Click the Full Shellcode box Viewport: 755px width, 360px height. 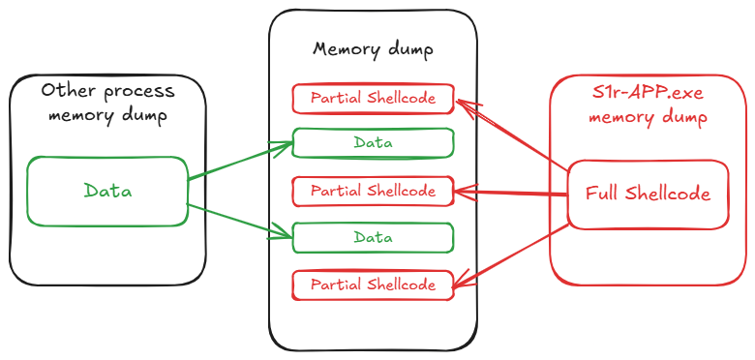(x=648, y=195)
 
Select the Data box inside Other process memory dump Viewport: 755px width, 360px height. (x=107, y=192)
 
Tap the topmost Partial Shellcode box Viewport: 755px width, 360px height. (x=373, y=99)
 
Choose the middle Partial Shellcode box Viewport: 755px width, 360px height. (x=373, y=192)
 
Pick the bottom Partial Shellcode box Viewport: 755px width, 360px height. (x=373, y=285)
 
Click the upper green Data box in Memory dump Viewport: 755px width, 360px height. (x=373, y=143)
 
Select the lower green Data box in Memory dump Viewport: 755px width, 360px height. (x=373, y=238)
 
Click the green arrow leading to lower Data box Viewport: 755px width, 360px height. (x=239, y=220)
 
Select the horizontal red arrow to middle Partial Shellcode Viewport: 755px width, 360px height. (x=511, y=194)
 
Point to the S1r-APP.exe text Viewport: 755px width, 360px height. (x=648, y=94)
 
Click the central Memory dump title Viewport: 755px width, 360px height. (x=373, y=50)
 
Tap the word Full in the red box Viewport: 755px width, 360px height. (x=603, y=194)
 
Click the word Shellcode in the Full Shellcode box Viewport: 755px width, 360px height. (x=668, y=194)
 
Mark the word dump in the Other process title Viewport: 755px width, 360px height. (x=143, y=116)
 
